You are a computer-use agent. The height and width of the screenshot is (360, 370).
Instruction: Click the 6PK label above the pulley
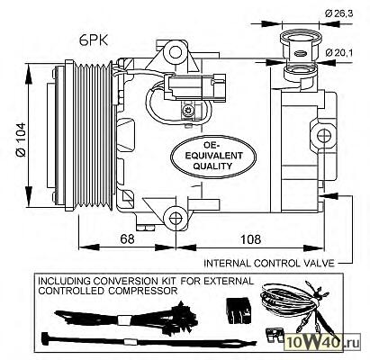(x=94, y=40)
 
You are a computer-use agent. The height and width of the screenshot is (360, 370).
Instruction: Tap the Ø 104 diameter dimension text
(x=22, y=139)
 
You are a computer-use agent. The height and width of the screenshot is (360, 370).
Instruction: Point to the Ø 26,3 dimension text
(x=338, y=13)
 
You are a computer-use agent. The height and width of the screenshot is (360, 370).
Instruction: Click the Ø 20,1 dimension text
(x=338, y=53)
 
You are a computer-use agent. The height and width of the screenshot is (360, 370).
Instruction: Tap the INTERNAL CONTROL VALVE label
(x=269, y=264)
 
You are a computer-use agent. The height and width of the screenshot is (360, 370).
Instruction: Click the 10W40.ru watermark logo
(x=322, y=341)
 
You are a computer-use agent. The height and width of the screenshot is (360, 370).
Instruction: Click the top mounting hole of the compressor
(x=176, y=52)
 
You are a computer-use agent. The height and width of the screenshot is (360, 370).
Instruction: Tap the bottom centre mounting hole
(x=176, y=219)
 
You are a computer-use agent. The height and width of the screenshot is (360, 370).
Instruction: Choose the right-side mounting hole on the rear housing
(x=324, y=135)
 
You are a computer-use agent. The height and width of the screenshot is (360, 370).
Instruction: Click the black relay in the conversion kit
(x=239, y=310)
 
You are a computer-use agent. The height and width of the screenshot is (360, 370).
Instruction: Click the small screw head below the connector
(x=189, y=111)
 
